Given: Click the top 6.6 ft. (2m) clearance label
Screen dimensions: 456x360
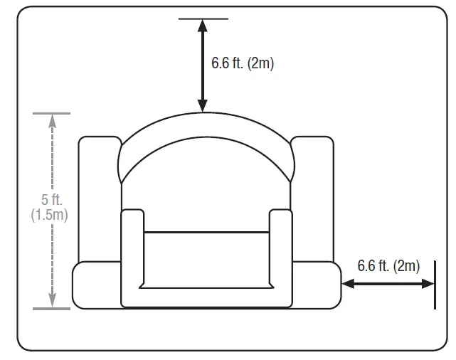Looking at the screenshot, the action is [x=243, y=63].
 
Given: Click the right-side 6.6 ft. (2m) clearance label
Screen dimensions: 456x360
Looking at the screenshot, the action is [x=388, y=266].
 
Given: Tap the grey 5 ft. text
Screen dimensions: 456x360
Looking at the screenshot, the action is [x=52, y=199].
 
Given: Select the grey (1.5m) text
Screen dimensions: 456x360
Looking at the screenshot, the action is [x=49, y=215].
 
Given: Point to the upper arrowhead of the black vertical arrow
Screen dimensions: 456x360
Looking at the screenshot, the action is [x=203, y=26].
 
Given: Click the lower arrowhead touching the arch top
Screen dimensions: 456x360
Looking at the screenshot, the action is [x=203, y=105].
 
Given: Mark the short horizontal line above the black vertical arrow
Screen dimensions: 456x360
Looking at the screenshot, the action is [x=203, y=18].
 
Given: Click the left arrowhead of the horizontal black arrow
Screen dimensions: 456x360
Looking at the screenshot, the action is [x=348, y=284].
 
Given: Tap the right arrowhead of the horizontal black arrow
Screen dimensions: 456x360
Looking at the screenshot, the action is [x=428, y=284].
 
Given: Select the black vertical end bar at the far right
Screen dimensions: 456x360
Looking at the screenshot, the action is [x=435, y=285].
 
